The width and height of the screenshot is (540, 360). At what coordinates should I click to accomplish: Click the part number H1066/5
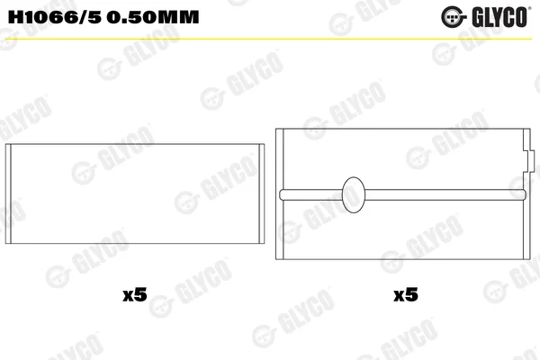(x=55, y=17)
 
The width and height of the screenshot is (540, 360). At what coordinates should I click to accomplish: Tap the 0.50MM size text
(x=153, y=17)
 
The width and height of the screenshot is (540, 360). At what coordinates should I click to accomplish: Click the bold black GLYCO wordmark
(x=500, y=17)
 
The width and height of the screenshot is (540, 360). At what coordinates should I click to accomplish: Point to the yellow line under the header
(x=268, y=39)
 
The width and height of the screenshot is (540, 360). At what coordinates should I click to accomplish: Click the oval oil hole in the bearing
(x=354, y=194)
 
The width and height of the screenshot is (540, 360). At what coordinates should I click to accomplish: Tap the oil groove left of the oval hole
(x=311, y=194)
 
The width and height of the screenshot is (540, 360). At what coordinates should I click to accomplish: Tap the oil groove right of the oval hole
(x=445, y=194)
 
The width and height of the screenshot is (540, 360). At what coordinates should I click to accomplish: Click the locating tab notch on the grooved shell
(x=529, y=160)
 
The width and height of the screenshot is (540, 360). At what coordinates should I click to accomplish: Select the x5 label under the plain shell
(x=135, y=294)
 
